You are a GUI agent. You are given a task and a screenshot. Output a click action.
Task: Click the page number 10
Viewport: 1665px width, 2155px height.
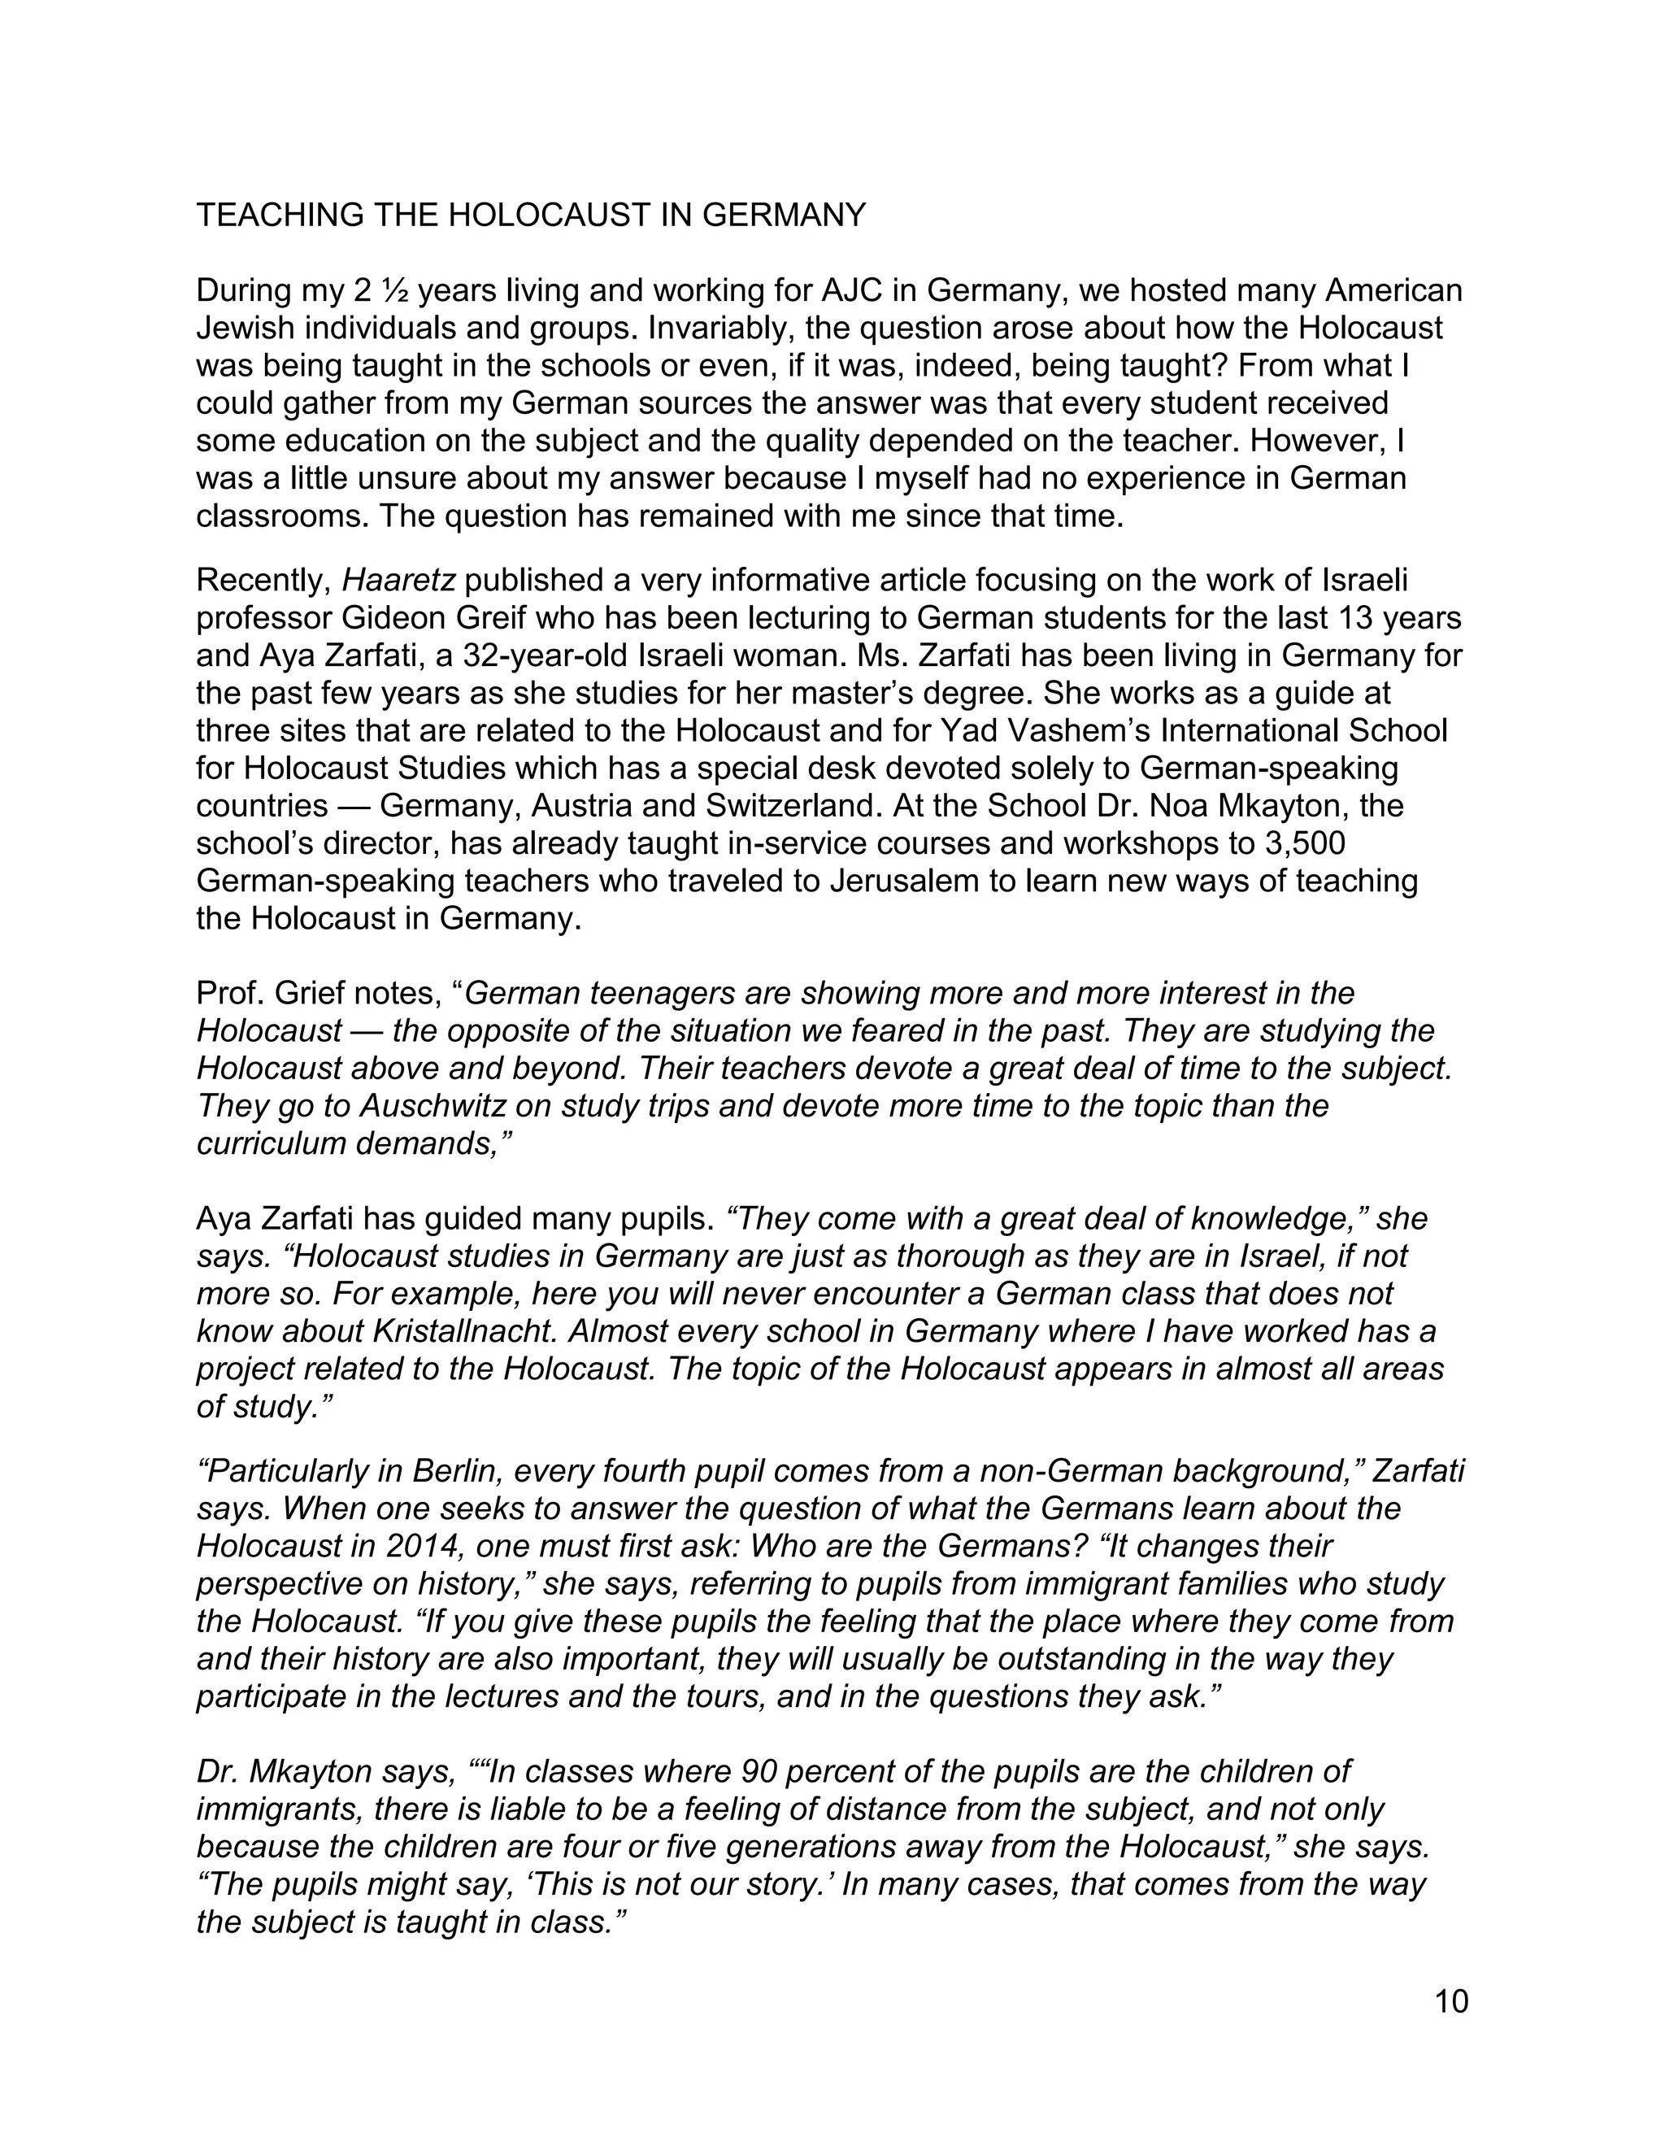pos(1452,2001)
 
